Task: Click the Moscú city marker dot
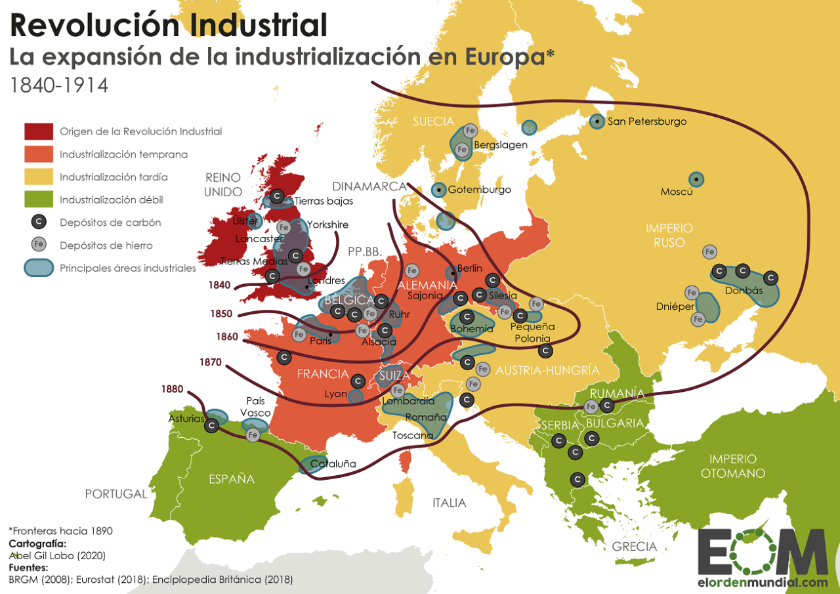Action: [x=696, y=179]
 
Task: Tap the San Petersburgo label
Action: [x=647, y=121]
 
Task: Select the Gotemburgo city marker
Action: [x=438, y=190]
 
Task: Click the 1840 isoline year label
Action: [x=220, y=285]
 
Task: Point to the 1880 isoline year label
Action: [x=172, y=389]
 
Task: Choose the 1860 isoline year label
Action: [x=227, y=337]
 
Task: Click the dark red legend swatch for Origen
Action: [x=39, y=131]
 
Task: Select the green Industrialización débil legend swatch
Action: [x=39, y=200]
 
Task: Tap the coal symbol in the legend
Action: [x=39, y=223]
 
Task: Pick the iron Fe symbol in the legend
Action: [x=39, y=245]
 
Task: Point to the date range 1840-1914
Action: [x=58, y=85]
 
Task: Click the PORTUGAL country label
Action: [x=116, y=494]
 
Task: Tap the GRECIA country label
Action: [x=634, y=546]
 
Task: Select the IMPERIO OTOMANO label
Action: [x=732, y=466]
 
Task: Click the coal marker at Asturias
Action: [x=211, y=426]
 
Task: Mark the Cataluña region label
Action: [x=333, y=464]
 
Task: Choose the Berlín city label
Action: [x=469, y=268]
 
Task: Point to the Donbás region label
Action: [x=744, y=290]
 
